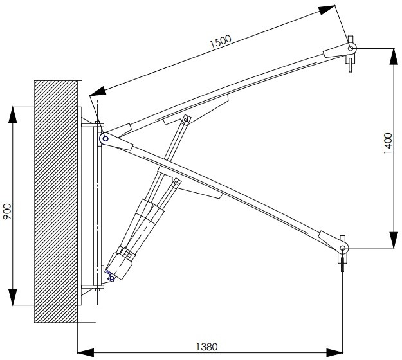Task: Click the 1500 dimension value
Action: click(x=221, y=42)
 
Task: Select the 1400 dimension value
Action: click(x=388, y=143)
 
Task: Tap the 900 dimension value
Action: click(x=7, y=212)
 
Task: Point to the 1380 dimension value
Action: click(x=206, y=347)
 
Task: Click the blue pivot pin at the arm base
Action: click(x=105, y=139)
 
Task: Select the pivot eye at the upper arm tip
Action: click(x=351, y=48)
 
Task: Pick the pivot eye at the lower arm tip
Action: click(x=343, y=248)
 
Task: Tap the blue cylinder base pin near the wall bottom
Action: click(x=111, y=278)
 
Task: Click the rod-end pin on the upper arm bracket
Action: click(x=187, y=120)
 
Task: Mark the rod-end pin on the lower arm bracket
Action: click(x=176, y=183)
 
